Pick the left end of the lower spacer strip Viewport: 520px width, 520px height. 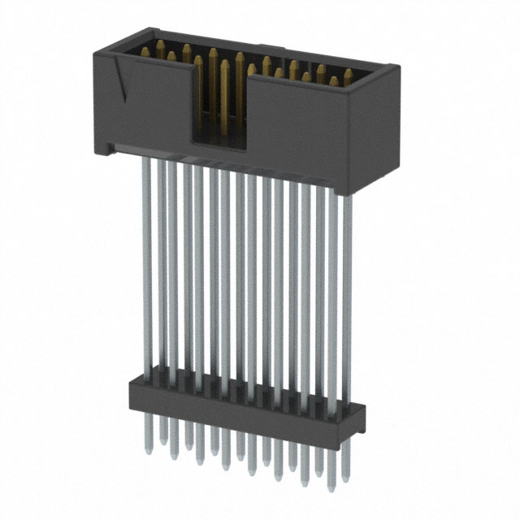click(130, 390)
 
